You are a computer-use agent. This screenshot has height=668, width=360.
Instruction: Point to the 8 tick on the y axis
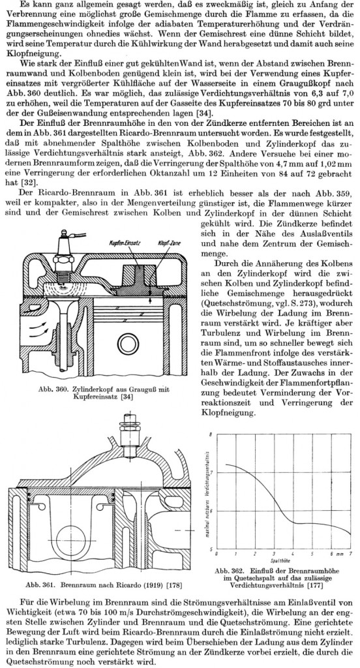click(x=211, y=434)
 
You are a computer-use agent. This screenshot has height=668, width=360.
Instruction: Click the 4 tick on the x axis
click(x=293, y=553)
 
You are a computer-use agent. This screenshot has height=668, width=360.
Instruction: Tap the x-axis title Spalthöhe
click(x=280, y=560)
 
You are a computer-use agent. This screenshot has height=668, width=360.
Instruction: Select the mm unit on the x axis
click(x=340, y=553)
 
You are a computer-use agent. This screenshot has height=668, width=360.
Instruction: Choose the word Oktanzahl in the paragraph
click(x=200, y=174)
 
